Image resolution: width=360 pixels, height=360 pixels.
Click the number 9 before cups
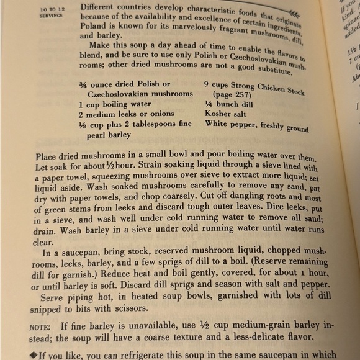(206, 82)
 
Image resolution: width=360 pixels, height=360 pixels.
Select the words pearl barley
(102, 134)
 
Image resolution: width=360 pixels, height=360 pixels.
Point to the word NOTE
(40, 325)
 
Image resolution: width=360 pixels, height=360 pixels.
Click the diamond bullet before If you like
(34, 355)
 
